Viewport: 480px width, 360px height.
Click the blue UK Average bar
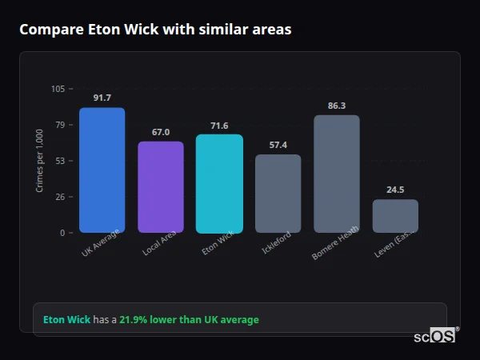click(102, 170)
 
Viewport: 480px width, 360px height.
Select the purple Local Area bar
click(161, 187)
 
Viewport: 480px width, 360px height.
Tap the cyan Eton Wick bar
click(219, 183)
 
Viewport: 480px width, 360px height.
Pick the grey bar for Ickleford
click(278, 194)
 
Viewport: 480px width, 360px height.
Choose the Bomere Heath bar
click(337, 174)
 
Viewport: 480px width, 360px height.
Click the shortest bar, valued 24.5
click(395, 216)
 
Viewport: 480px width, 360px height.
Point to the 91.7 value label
click(102, 98)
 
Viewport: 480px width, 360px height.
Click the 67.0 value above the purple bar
click(161, 132)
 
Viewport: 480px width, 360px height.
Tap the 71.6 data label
click(219, 126)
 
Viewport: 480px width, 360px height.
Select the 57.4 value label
click(278, 145)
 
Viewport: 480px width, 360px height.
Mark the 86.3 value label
click(337, 106)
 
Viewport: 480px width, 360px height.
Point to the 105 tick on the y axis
click(58, 89)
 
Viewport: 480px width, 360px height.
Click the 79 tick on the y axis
click(60, 125)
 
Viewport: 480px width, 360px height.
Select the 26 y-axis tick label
click(60, 197)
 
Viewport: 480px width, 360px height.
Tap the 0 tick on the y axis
click(62, 233)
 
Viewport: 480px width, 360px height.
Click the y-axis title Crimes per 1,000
click(39, 161)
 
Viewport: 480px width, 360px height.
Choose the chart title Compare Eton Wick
click(155, 30)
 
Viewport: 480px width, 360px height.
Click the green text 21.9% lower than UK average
click(189, 320)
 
